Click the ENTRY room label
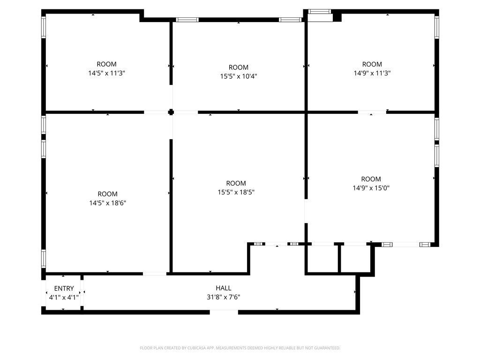[64, 288]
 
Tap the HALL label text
[224, 288]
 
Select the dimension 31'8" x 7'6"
[224, 297]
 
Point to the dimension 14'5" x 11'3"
[107, 73]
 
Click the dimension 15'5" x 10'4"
[239, 76]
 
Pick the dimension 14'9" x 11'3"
[372, 73]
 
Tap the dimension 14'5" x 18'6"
[108, 203]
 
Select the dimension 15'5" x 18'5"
[236, 192]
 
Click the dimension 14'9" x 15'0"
[371, 188]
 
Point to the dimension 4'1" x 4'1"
[64, 297]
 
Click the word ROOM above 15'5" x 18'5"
[236, 183]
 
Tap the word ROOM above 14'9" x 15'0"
[371, 179]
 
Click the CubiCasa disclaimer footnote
[240, 348]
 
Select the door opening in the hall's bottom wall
[224, 312]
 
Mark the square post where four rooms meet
[171, 112]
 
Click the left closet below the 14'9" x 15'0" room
[322, 258]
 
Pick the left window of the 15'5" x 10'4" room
[187, 20]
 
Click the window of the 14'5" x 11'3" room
[44, 27]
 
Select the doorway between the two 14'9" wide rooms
[372, 112]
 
